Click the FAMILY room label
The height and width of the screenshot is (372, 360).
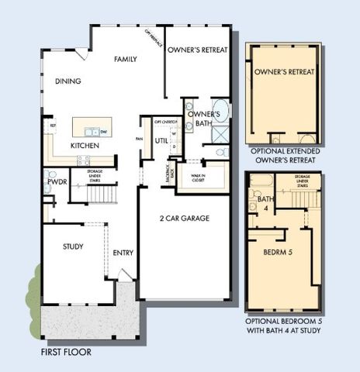(126, 59)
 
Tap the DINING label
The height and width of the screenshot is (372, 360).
(70, 81)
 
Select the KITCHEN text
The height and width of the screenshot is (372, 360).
(85, 146)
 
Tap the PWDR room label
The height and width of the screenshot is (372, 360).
(57, 183)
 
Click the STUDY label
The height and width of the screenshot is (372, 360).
(74, 246)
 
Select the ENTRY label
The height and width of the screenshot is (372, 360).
(123, 253)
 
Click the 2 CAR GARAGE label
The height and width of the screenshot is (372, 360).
(185, 219)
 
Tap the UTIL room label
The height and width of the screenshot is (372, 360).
(161, 141)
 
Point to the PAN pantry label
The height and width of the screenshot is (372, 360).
(139, 139)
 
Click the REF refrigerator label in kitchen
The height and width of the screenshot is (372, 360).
(53, 126)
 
